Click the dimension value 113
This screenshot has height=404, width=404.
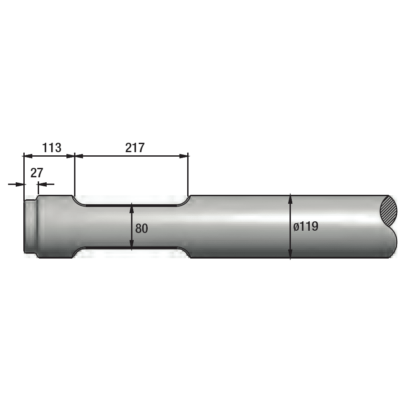coord(52,147)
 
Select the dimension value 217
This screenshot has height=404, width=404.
coord(135,147)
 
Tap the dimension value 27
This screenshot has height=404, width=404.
coord(36,173)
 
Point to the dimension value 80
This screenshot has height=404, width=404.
coord(141,228)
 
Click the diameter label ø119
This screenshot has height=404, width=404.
coord(306,227)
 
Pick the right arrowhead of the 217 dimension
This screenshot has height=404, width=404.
coord(184,156)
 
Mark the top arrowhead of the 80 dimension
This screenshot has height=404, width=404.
coord(131,208)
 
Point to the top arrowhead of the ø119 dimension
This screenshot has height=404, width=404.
coord(290,199)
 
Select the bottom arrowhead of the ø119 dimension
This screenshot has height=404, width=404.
coord(290,254)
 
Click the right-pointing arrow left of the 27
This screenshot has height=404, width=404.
coord(18,184)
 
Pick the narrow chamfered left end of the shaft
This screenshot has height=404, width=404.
coord(30,227)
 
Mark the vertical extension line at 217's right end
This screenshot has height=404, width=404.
coord(189,175)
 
